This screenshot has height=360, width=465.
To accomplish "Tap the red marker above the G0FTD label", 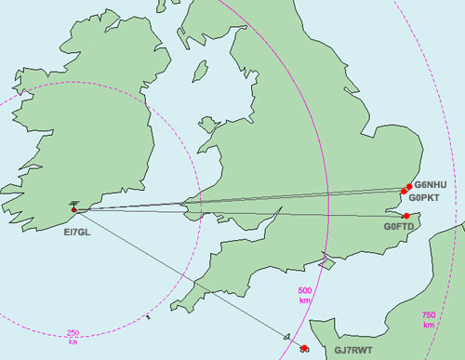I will tap(405, 216).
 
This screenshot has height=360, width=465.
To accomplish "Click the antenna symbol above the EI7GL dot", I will tap(74, 202).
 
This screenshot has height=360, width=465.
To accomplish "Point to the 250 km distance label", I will tap(73, 338).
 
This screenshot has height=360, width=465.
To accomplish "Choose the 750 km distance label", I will tap(429, 320).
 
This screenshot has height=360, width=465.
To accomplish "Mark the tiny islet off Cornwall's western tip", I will tap(148, 317).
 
